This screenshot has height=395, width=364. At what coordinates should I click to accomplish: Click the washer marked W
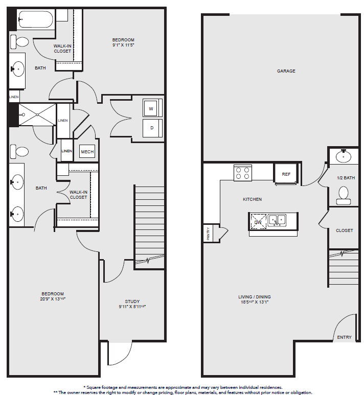[151, 108]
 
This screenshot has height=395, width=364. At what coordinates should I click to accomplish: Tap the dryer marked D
[151, 128]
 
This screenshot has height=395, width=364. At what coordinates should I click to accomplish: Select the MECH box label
[87, 152]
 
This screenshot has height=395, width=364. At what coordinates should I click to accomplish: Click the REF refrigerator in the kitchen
[286, 174]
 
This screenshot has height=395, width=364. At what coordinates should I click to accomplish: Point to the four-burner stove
[243, 173]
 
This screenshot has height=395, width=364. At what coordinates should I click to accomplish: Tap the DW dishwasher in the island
[258, 222]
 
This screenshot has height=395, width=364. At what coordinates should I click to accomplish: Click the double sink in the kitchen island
[277, 220]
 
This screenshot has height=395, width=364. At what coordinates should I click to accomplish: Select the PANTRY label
[208, 234]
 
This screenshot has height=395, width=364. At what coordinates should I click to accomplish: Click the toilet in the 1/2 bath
[344, 196]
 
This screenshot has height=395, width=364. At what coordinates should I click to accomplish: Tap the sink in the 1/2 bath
[344, 156]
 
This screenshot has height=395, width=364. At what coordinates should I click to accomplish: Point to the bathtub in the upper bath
[36, 19]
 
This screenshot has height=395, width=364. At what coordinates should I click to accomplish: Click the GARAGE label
[286, 71]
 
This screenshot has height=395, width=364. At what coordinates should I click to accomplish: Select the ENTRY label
[345, 337]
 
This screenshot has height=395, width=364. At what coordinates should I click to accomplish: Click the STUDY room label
[132, 301]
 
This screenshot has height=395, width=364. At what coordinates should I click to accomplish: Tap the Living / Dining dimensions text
[255, 302]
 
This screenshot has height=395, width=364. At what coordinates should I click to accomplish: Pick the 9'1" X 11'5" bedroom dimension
[123, 45]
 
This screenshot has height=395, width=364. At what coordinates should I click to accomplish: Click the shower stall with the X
[37, 114]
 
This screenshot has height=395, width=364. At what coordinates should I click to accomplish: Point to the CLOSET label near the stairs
[345, 230]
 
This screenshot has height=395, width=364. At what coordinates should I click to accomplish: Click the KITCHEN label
[253, 199]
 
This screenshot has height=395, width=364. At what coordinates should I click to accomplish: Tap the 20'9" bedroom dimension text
[53, 299]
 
